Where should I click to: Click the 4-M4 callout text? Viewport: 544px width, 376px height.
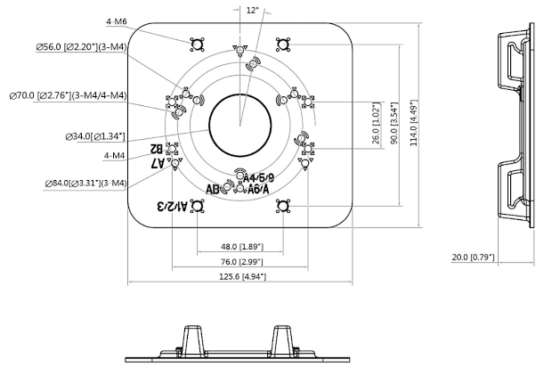coord(115,155)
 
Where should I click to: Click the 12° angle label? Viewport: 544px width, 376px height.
coord(252,11)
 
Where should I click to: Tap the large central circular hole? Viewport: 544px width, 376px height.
coord(240,120)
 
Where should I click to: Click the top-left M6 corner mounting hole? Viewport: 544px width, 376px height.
coord(196,43)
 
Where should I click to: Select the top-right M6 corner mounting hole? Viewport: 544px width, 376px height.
coord(282,43)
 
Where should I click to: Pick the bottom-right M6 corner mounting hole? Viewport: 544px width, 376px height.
coord(282,207)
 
